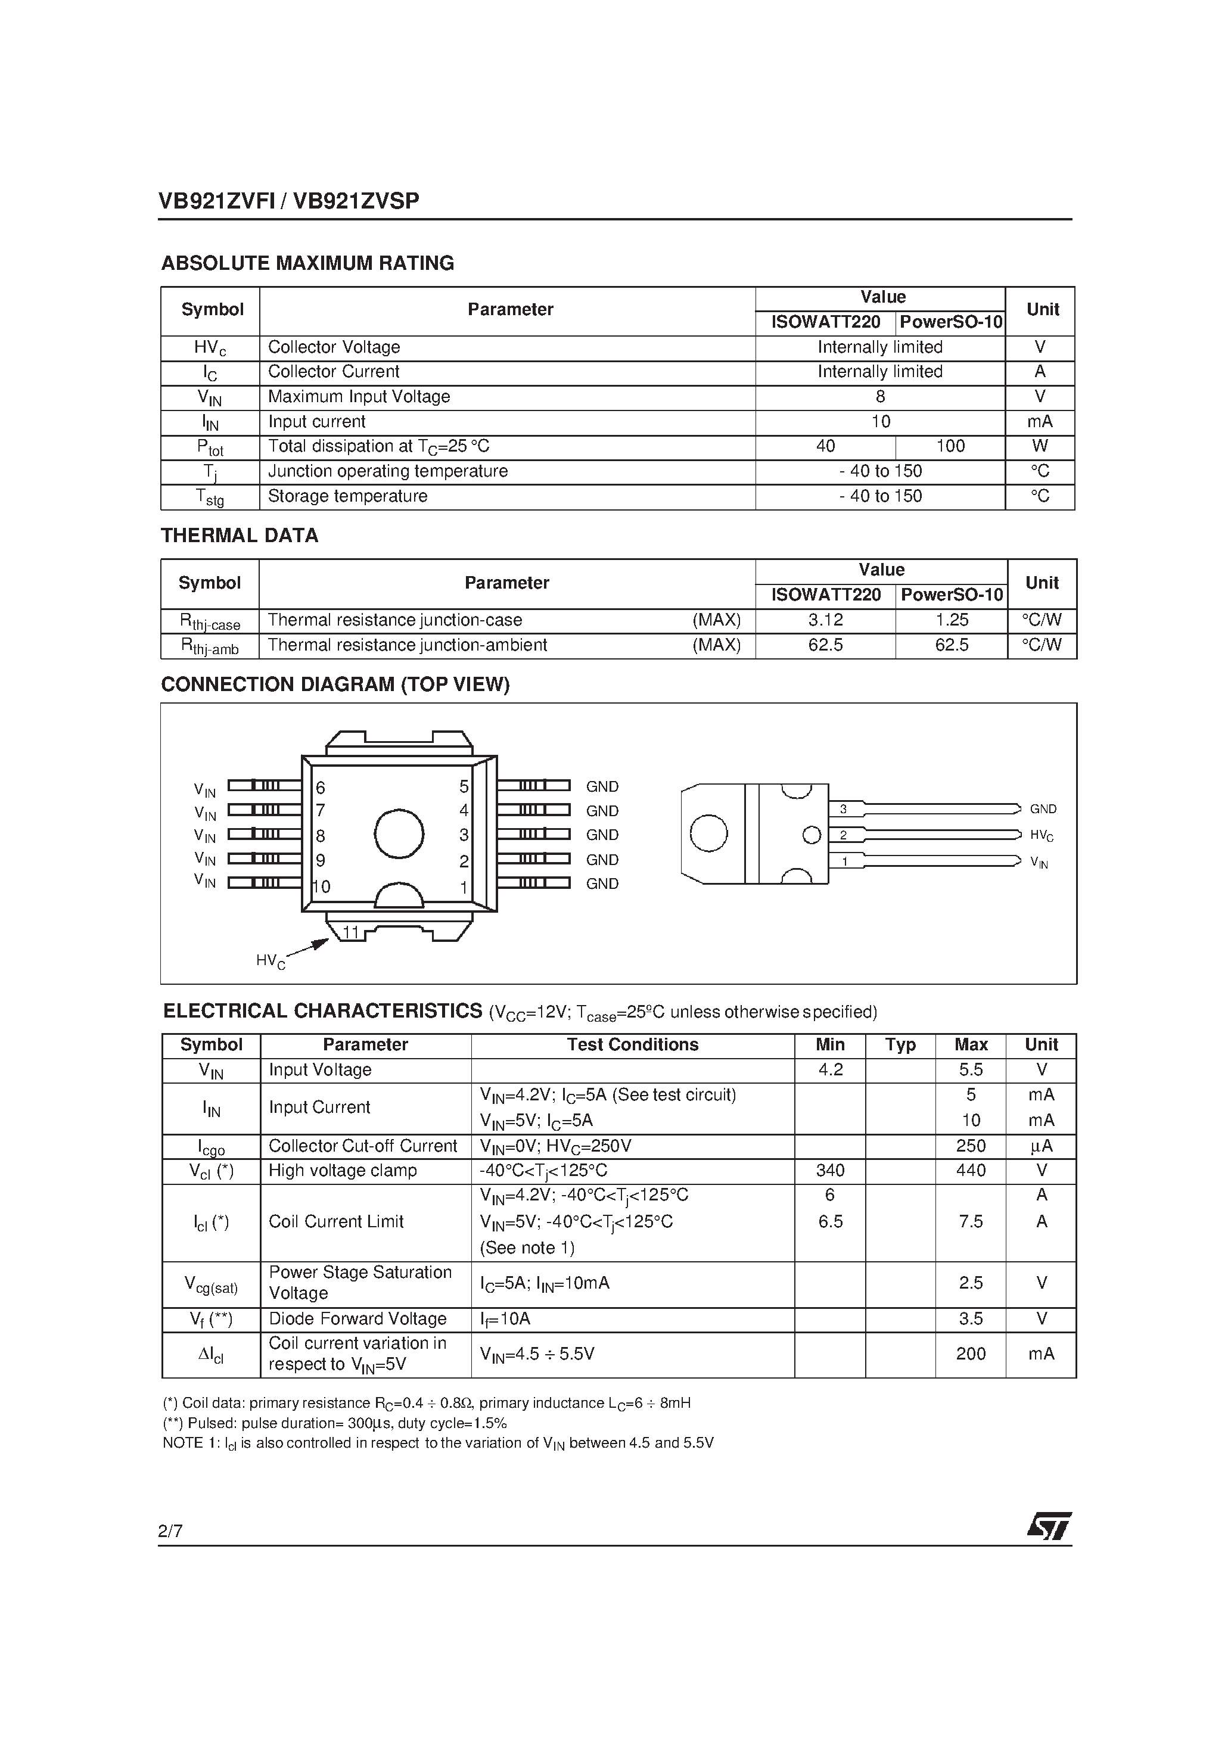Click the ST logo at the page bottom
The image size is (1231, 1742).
[1050, 1526]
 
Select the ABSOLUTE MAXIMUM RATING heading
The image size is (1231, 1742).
[307, 263]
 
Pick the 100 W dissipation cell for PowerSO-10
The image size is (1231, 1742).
[950, 446]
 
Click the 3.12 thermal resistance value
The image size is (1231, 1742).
[825, 620]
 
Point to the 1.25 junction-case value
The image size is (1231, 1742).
[952, 620]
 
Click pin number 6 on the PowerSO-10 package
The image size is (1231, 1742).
[321, 788]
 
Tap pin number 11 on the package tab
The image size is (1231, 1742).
[350, 932]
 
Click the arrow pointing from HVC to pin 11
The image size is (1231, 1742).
[309, 948]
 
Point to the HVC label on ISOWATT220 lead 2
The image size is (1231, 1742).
[1042, 835]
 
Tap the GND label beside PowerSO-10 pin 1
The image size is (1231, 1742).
[602, 884]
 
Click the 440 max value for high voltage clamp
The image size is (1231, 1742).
[971, 1171]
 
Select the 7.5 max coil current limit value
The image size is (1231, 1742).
[971, 1221]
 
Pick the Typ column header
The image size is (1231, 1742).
[900, 1045]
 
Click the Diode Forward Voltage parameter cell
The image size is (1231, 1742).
[358, 1318]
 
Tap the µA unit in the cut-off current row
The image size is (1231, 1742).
[1042, 1146]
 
